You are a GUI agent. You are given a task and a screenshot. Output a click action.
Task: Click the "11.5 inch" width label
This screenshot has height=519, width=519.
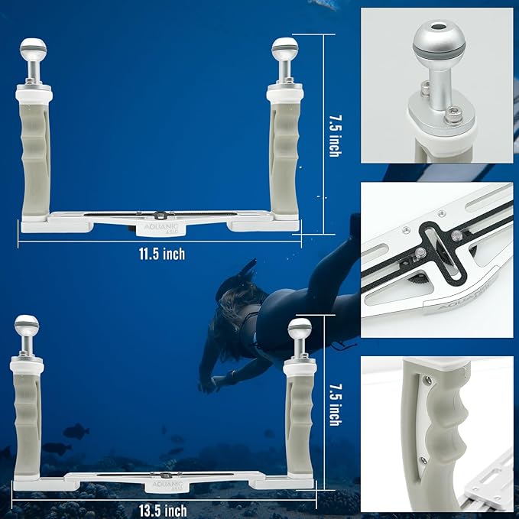click(158, 254)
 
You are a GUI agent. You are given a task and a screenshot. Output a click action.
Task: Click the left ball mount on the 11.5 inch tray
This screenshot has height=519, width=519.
click(33, 50)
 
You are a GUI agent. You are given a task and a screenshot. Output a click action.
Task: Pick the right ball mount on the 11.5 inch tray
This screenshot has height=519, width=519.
click(285, 50)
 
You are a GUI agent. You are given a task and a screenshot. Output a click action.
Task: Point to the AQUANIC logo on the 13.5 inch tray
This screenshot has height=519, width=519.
click(163, 485)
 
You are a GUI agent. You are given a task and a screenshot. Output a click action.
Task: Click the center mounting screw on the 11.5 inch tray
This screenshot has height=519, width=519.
click(159, 215)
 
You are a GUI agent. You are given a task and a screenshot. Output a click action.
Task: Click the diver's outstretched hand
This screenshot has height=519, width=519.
click(207, 386)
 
